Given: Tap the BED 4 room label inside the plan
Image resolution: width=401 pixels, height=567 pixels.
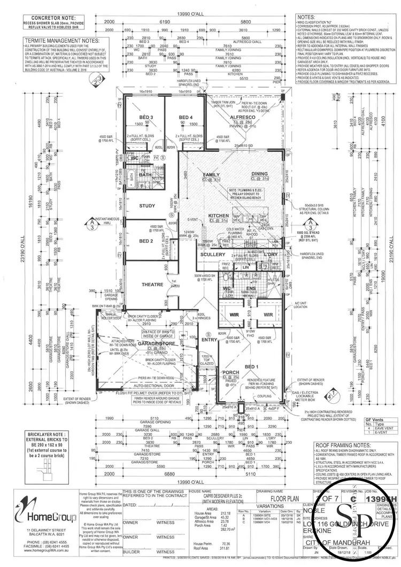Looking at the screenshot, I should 185,117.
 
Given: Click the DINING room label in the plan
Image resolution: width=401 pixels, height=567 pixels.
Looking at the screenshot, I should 260,174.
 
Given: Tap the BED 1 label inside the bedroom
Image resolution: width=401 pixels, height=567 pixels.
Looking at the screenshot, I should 251,366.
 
